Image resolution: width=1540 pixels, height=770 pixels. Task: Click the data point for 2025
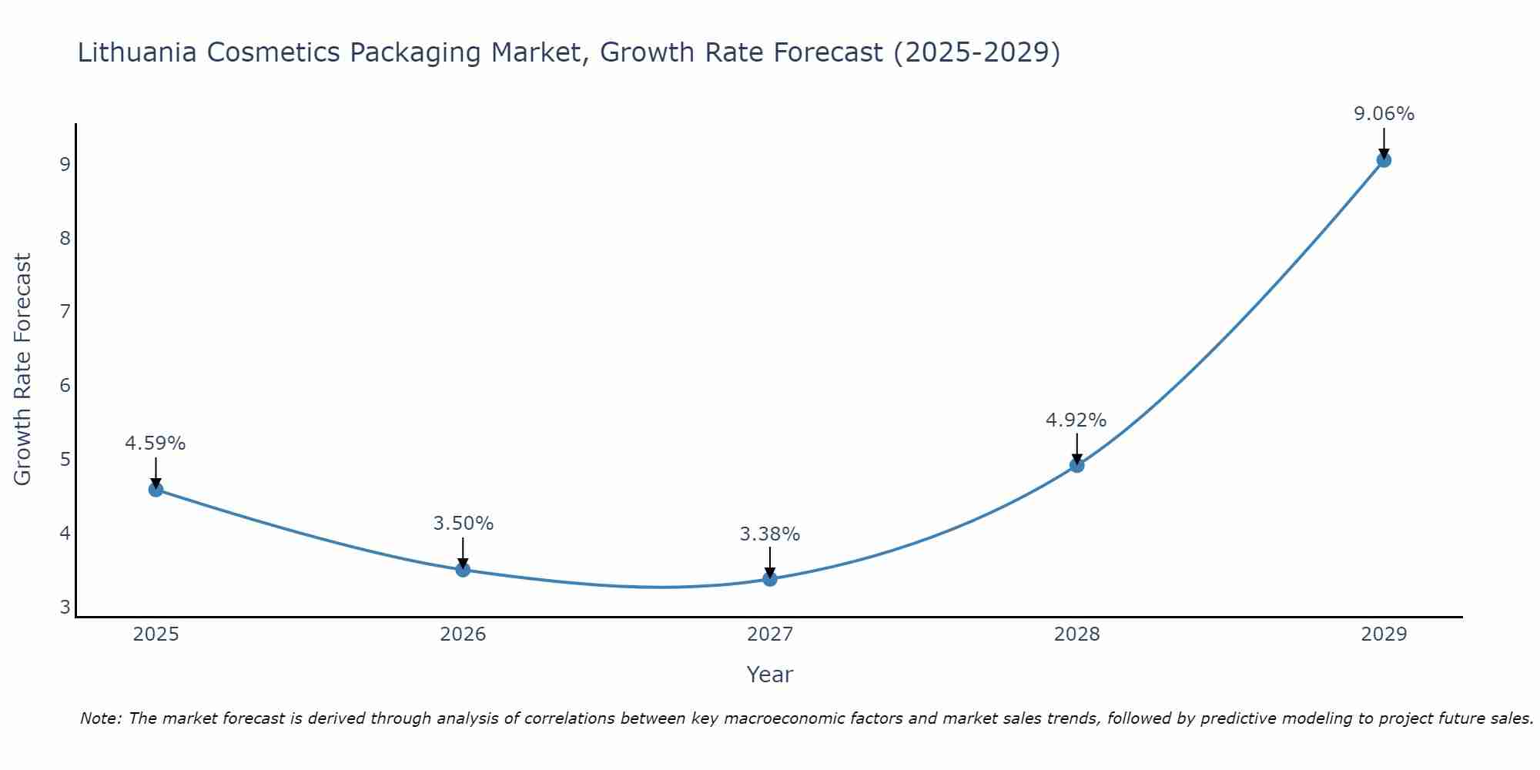[x=156, y=490]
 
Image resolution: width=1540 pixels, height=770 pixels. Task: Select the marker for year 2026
[x=463, y=570]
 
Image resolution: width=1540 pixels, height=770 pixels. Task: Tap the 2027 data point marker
[x=770, y=579]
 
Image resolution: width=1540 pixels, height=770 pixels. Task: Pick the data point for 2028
[x=1076, y=465]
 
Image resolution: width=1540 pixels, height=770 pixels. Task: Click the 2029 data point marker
[x=1384, y=160]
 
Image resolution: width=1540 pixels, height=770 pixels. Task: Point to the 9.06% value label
[x=1384, y=114]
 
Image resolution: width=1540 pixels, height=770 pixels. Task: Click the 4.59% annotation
[x=156, y=444]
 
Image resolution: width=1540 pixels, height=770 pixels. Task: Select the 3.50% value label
[x=463, y=524]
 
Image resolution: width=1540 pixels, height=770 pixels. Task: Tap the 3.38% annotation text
[x=770, y=534]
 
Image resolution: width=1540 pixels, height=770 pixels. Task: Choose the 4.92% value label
[x=1076, y=420]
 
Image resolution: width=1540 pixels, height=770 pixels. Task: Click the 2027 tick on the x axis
[x=770, y=634]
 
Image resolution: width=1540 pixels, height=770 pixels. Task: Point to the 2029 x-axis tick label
[x=1384, y=634]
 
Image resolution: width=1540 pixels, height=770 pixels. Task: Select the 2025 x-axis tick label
[x=156, y=634]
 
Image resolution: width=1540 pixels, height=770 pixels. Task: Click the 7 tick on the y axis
[x=65, y=312]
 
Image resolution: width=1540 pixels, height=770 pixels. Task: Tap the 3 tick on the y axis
[x=65, y=608]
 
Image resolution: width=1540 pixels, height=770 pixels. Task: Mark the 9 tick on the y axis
[x=65, y=164]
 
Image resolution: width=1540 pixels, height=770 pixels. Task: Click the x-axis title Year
[x=769, y=675]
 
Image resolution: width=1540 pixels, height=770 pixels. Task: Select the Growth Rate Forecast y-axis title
[x=23, y=370]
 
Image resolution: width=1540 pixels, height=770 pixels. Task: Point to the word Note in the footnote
[x=100, y=718]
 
